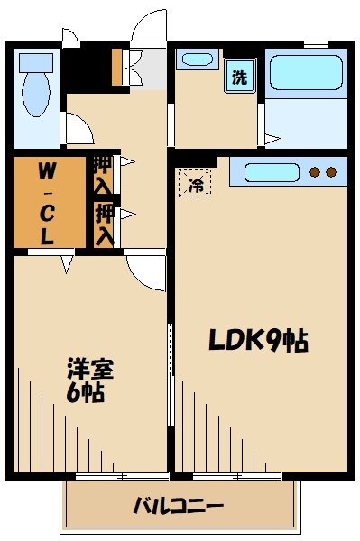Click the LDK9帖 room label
click(x=258, y=341)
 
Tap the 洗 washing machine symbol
click(x=239, y=77)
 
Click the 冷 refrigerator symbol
click(x=195, y=186)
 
